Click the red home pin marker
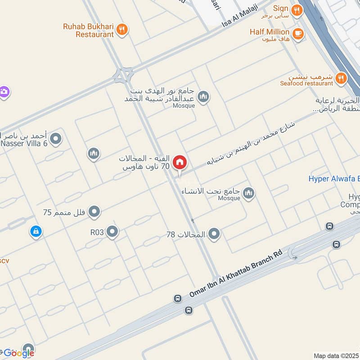(180, 162)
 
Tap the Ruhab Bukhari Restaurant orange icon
(122, 30)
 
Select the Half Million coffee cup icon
(297, 33)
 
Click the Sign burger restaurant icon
(296, 10)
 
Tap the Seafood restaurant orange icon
(341, 78)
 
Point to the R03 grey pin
(112, 232)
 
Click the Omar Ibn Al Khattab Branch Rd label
(235, 274)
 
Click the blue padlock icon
(35, 231)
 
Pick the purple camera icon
(4, 92)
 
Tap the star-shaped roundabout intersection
(123, 75)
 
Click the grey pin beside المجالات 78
(215, 234)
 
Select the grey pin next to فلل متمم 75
(94, 211)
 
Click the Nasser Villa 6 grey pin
(56, 139)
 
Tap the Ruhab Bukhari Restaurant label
(88, 30)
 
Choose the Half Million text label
(270, 32)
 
